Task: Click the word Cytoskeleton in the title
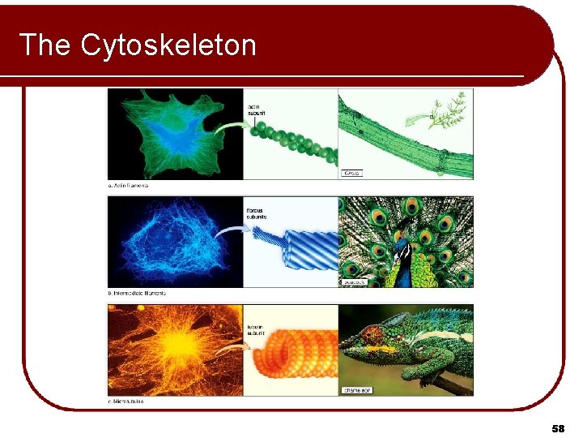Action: coord(168,45)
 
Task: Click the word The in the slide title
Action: coord(45,45)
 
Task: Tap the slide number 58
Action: coord(557,427)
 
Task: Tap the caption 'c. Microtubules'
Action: coord(126,401)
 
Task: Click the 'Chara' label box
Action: coord(351,173)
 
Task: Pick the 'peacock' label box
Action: coord(354,281)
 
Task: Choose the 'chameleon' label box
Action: coord(356,390)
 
